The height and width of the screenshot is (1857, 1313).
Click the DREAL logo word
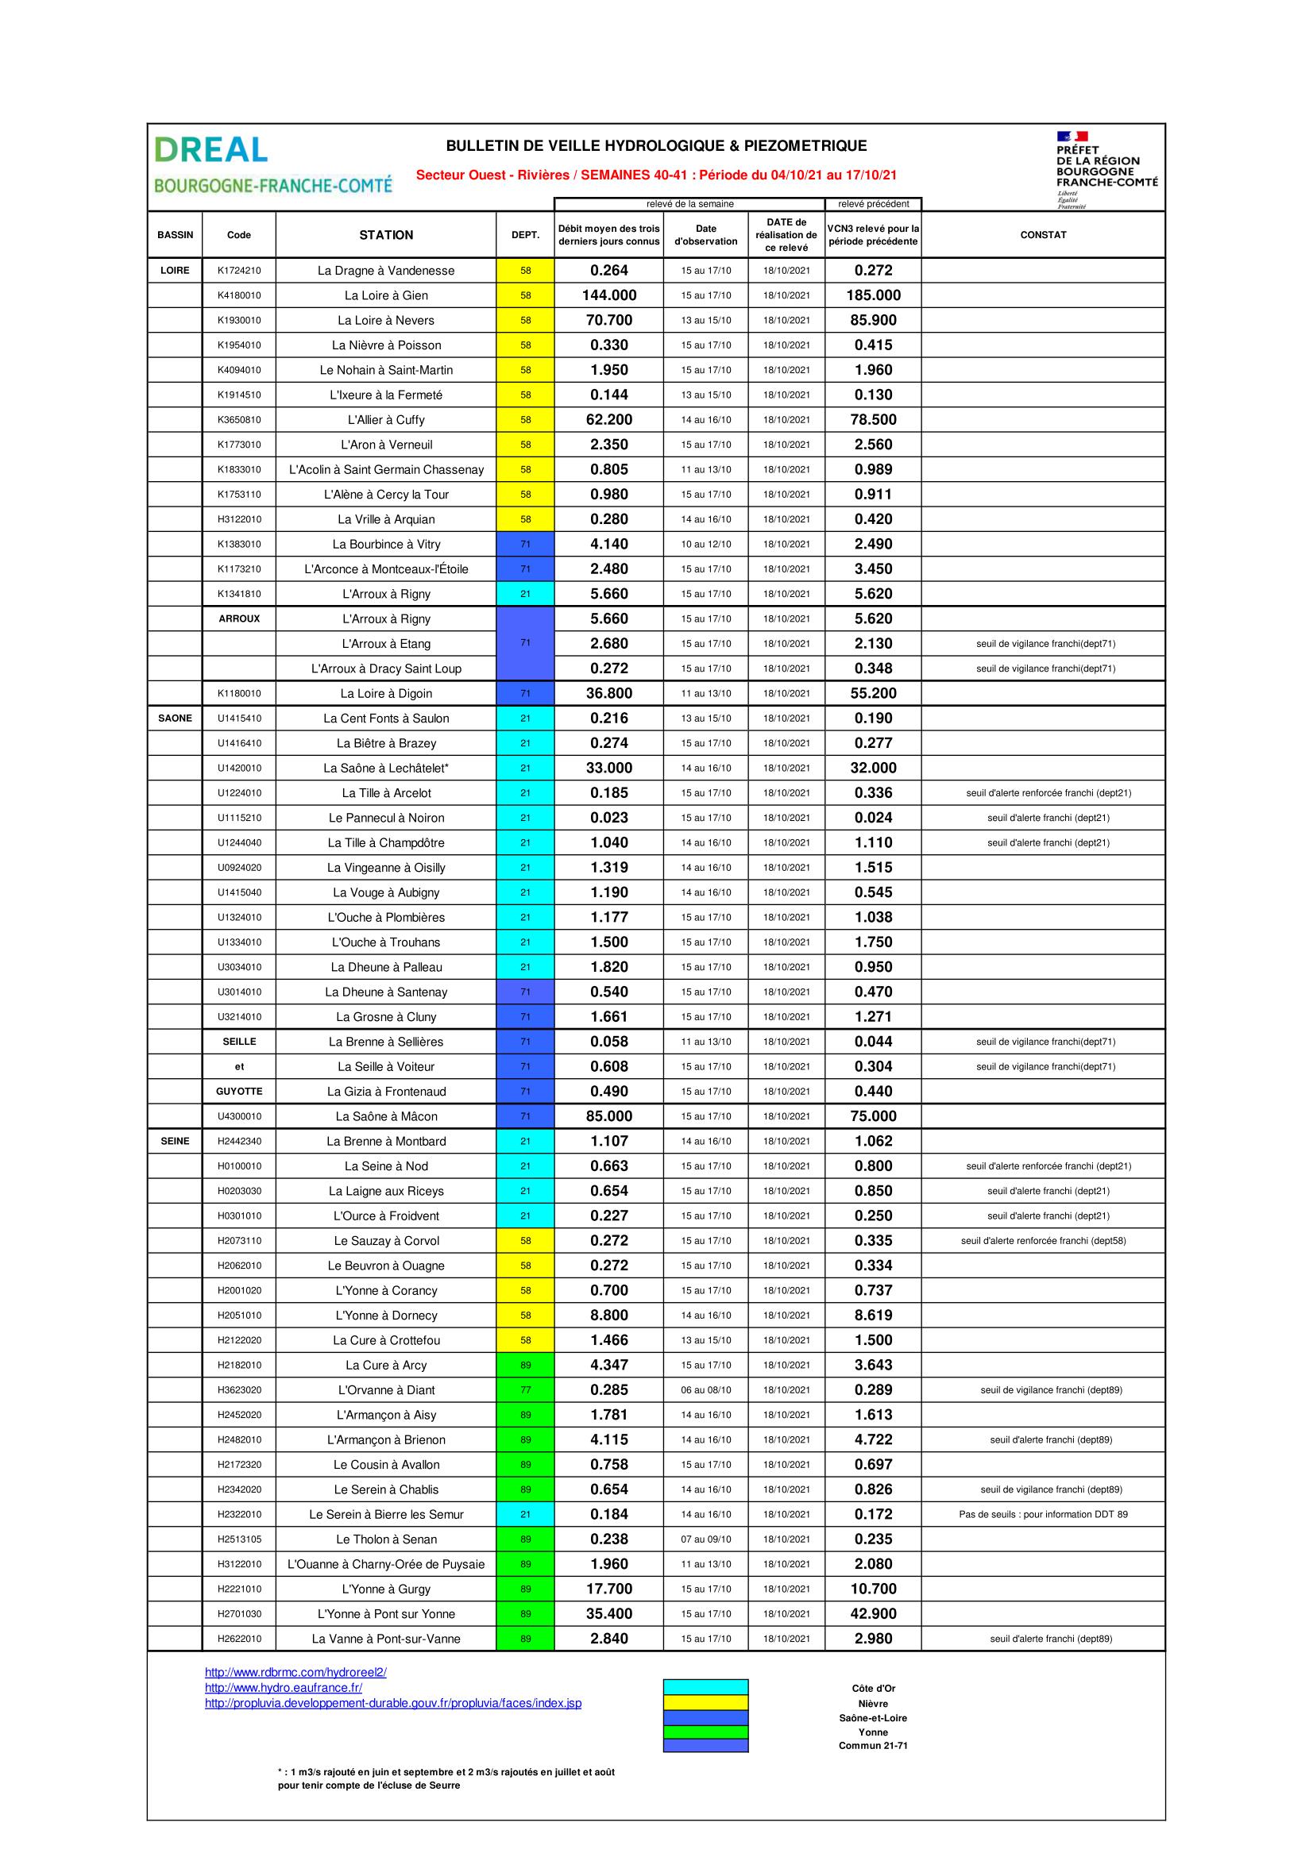coord(210,150)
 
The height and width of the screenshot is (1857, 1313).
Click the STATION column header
coord(386,234)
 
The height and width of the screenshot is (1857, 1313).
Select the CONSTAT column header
coord(1043,234)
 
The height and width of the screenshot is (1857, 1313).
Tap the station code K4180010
coord(238,295)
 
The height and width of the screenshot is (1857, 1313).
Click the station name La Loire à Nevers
coord(386,320)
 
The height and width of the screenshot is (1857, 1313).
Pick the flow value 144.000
coord(609,295)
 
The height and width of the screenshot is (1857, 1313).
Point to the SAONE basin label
coord(175,719)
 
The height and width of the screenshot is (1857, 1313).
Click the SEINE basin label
coord(175,1141)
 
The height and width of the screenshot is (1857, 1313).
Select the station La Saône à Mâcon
coord(386,1116)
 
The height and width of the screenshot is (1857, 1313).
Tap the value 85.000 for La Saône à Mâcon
coord(609,1116)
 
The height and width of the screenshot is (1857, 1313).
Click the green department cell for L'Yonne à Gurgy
coord(525,1589)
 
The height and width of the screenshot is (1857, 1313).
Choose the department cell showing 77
coord(525,1389)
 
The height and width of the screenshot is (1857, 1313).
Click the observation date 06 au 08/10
coord(705,1389)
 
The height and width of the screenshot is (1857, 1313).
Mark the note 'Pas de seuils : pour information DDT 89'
coord(1043,1514)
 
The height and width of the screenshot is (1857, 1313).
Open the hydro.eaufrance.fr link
coord(283,1687)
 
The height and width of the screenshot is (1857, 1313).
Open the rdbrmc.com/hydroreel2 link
coord(295,1673)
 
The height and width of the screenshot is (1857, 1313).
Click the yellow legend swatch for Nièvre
coord(705,1703)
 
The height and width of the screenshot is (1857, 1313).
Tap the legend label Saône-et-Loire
coord(873,1718)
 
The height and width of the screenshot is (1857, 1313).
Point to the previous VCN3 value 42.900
coord(873,1613)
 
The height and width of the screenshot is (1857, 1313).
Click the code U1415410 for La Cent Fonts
coord(238,719)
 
